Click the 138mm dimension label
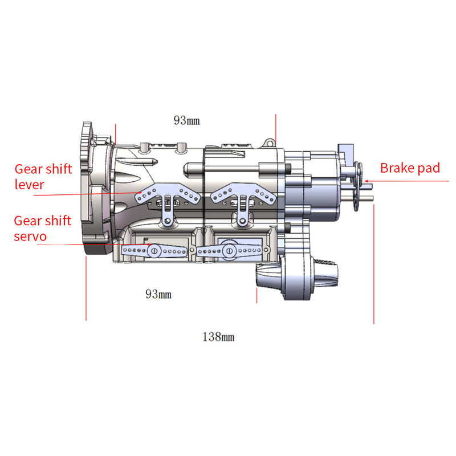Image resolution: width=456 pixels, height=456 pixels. point(218,337)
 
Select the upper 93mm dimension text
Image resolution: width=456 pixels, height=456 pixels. point(186,120)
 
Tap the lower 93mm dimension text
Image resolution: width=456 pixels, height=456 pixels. point(158,294)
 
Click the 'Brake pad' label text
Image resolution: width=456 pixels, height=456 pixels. point(410,168)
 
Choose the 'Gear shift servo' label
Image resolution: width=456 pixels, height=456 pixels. point(43,228)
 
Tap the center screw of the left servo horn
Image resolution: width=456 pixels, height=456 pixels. point(153,250)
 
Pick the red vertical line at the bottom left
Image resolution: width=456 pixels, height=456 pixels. point(86,288)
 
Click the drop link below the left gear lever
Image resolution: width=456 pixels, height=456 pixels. point(167,214)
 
